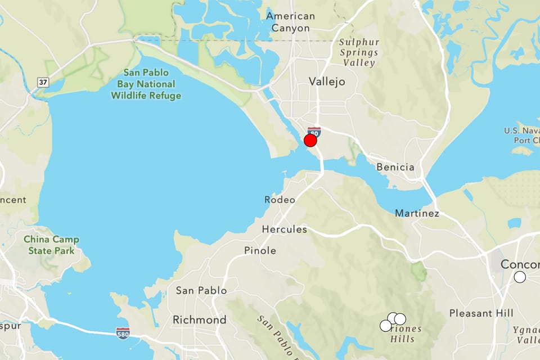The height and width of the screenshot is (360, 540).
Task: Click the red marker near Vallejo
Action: [x=310, y=141]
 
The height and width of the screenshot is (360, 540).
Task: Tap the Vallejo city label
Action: [x=327, y=82]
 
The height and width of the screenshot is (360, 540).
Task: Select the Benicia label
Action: [x=395, y=167]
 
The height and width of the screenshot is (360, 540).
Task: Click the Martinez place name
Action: [x=417, y=213]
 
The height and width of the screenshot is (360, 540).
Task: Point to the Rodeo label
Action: [x=280, y=200]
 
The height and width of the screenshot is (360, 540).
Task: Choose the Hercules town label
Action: [x=285, y=229]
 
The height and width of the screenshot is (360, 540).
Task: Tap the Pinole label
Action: [x=260, y=250]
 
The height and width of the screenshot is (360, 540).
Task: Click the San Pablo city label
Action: [x=201, y=290]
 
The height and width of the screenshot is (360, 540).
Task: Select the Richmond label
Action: [x=199, y=320]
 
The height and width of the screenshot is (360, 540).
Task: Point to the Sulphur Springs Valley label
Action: [x=359, y=53]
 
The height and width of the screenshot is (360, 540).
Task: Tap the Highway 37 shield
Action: [x=43, y=83]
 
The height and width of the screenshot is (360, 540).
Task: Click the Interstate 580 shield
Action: [x=123, y=333]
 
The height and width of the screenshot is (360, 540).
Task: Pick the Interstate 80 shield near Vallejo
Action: [x=314, y=132]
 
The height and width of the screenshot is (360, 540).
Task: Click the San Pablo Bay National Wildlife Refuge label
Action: [x=146, y=84]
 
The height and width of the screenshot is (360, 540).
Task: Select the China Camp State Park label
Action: [x=51, y=245]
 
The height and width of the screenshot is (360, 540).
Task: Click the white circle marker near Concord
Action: [x=520, y=277]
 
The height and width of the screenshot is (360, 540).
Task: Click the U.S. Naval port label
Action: [x=522, y=136]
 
